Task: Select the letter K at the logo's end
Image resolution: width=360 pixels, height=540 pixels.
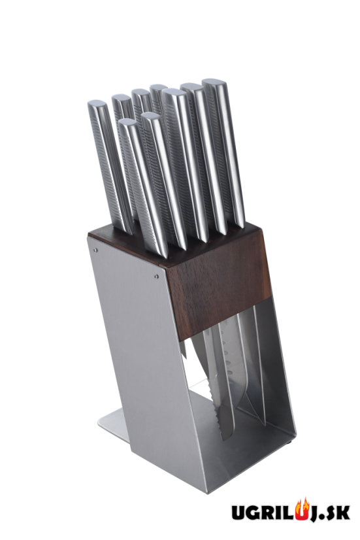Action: [343, 513]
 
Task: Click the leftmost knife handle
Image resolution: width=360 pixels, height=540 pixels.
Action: [110, 165]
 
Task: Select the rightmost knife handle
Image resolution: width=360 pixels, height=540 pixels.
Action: [223, 152]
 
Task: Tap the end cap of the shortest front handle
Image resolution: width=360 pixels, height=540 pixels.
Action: [127, 122]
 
